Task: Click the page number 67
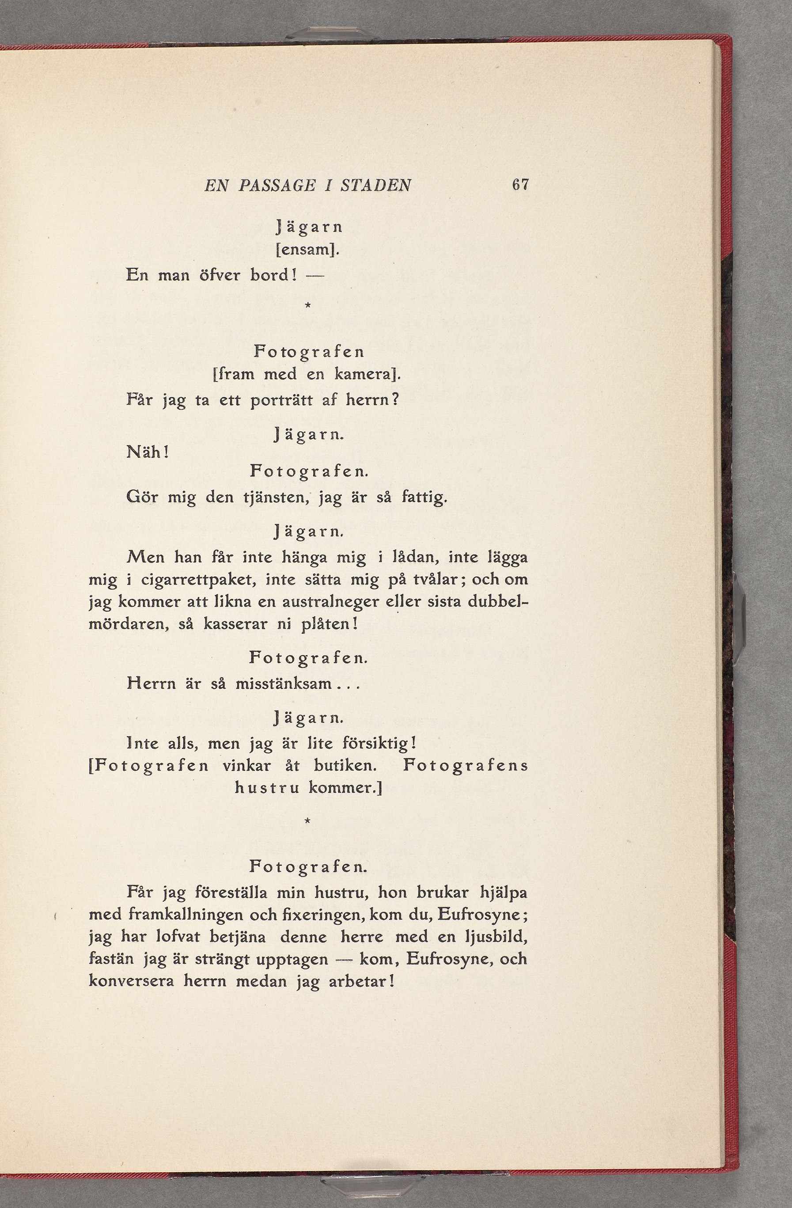[x=520, y=184]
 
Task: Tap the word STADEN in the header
[x=375, y=185]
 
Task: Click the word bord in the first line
[x=273, y=275]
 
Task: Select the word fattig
[x=424, y=497]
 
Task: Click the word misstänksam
[x=283, y=684]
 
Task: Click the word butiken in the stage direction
[x=345, y=766]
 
